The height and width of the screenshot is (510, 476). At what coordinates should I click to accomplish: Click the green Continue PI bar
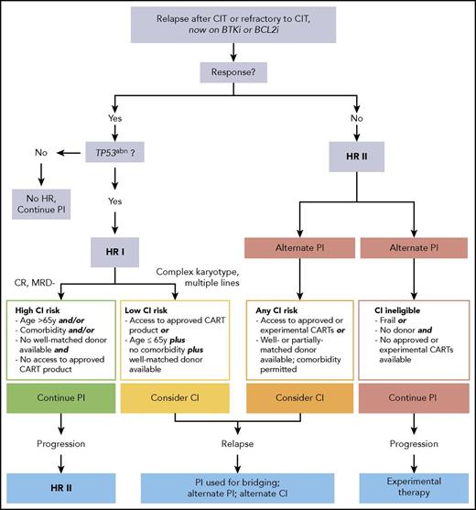(x=65, y=401)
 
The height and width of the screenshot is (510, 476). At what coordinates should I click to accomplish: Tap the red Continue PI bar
(x=410, y=401)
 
